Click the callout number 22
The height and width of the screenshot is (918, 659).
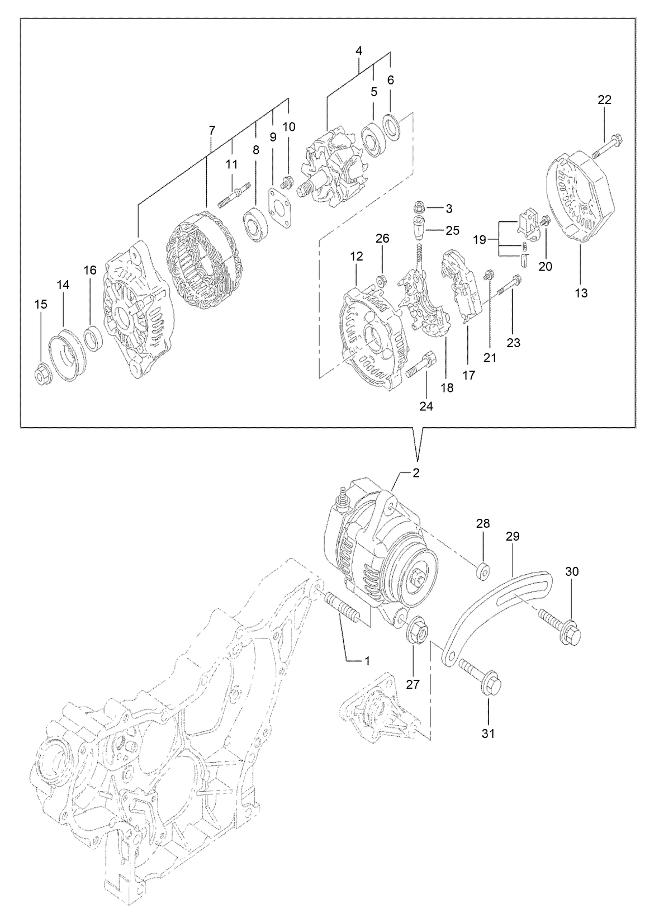(604, 100)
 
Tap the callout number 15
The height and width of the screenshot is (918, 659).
(40, 304)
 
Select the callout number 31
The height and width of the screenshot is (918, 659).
(489, 733)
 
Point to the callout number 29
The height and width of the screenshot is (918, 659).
(513, 536)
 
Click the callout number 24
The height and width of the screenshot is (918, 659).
(426, 406)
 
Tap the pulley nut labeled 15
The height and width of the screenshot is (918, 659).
(42, 373)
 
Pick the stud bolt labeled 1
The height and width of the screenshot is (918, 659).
(342, 610)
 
